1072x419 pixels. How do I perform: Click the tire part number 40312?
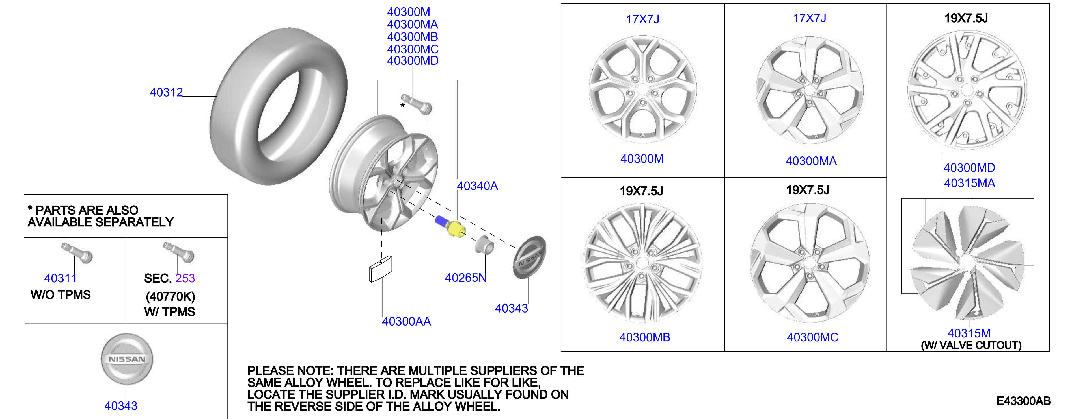pos(166,92)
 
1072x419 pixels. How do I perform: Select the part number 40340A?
pos(477,186)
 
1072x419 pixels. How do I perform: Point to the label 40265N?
pos(466,278)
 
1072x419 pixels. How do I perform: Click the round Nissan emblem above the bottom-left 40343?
pos(127,359)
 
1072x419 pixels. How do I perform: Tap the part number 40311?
pos(60,278)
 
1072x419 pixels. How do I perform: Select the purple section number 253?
pos(185,278)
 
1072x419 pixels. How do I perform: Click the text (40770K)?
pos(170,296)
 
